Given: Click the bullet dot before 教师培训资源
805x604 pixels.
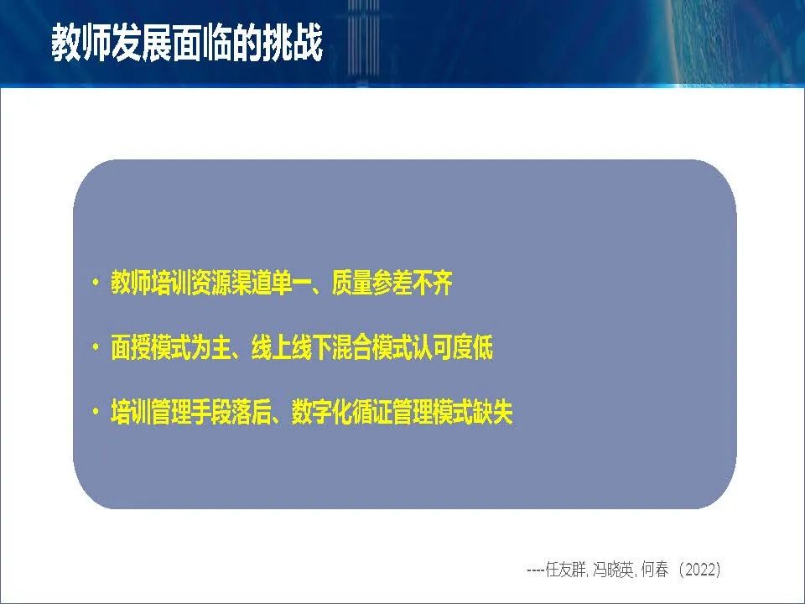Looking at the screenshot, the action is (x=95, y=282).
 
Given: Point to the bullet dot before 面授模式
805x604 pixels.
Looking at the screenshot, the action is (x=95, y=347).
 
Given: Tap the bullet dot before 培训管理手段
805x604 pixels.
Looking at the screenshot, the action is (x=95, y=412).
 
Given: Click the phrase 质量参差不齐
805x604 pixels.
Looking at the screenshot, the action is (x=392, y=283).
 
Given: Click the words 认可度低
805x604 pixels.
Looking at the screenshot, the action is (x=452, y=347).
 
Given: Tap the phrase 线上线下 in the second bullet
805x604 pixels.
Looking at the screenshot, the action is (x=291, y=347).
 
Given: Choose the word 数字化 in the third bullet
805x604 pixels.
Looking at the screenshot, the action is (x=322, y=412).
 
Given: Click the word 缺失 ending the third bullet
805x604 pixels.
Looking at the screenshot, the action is (x=493, y=412).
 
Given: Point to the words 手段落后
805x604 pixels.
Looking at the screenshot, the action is (x=231, y=412).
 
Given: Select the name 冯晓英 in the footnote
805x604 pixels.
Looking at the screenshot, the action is (x=613, y=570).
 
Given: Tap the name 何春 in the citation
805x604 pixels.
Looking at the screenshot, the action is (x=655, y=570).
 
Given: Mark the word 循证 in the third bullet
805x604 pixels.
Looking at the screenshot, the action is (x=371, y=412).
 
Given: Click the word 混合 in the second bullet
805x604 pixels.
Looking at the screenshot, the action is (x=351, y=347).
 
